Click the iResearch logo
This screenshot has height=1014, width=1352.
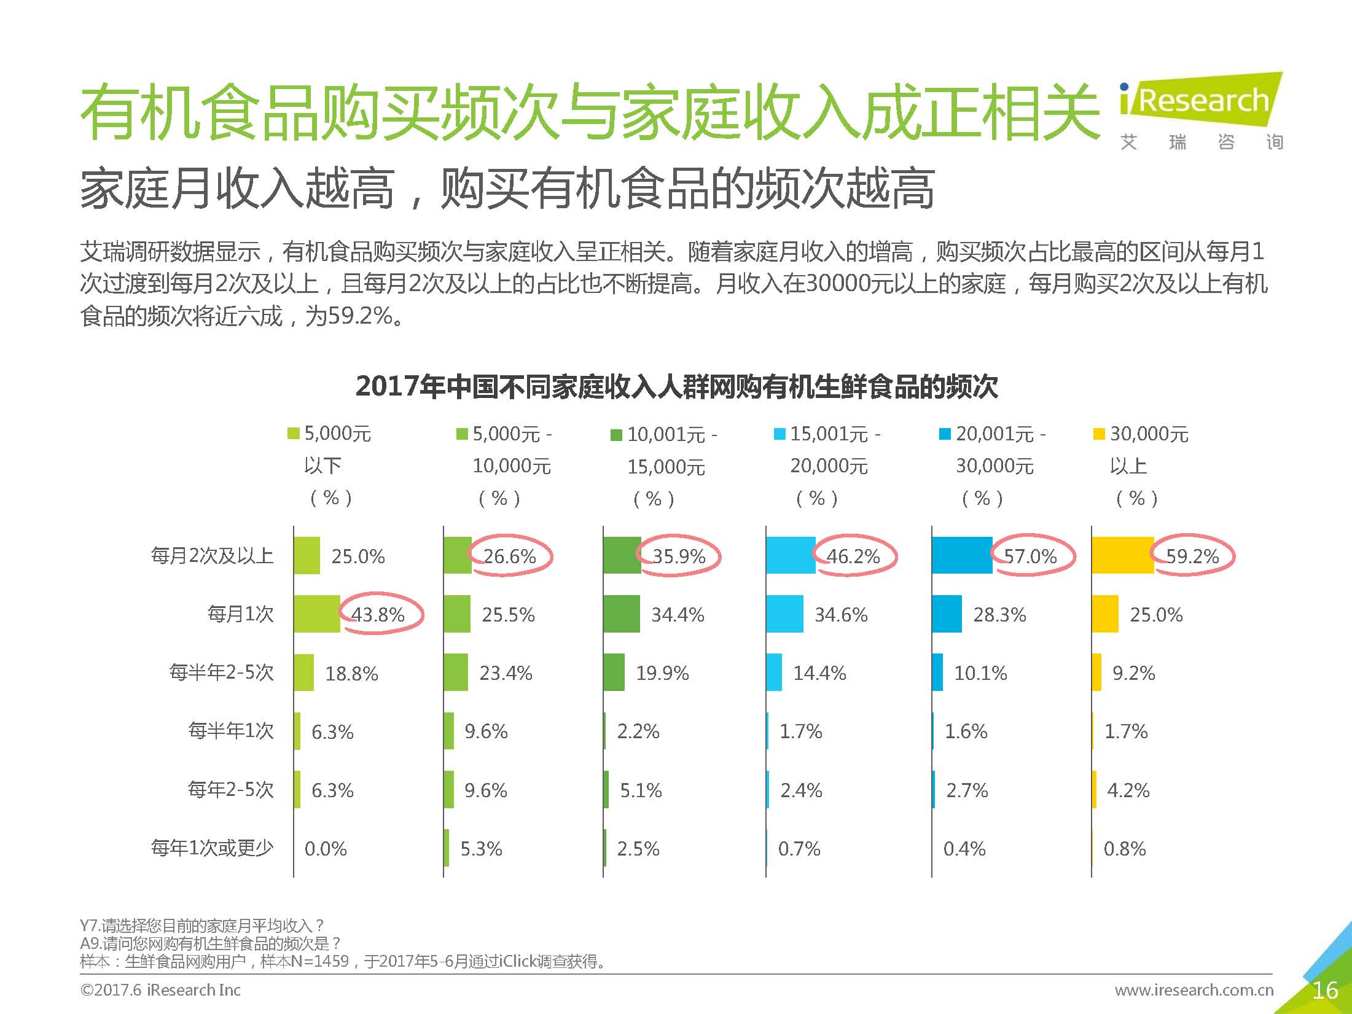click(x=1201, y=101)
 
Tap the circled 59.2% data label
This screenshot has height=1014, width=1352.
click(x=1192, y=556)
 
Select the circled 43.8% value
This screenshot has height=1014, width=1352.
click(x=378, y=615)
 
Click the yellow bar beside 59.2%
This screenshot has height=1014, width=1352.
click(x=1123, y=556)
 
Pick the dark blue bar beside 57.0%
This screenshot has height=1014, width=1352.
click(x=962, y=556)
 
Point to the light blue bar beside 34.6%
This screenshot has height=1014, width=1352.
click(x=784, y=614)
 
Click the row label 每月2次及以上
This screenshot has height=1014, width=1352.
click(x=212, y=556)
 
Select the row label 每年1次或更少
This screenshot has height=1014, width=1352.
click(x=212, y=848)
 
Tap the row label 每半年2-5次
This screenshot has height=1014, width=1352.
click(x=221, y=673)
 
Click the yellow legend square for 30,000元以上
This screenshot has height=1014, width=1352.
click(x=1099, y=435)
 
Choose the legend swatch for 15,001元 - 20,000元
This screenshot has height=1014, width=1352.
click(x=780, y=435)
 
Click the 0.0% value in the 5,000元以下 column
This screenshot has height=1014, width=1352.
click(x=326, y=849)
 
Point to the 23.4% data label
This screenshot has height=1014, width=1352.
click(x=506, y=673)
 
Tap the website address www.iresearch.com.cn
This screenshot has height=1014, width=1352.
click(x=1194, y=990)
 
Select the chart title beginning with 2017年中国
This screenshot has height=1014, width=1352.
click(x=676, y=387)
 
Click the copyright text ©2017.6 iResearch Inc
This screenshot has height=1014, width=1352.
click(x=160, y=990)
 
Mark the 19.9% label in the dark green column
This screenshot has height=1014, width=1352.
click(x=662, y=673)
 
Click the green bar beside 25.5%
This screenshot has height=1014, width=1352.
click(x=457, y=614)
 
